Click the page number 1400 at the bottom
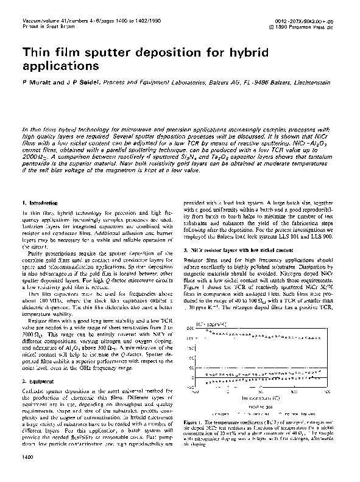[x=27, y=473]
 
